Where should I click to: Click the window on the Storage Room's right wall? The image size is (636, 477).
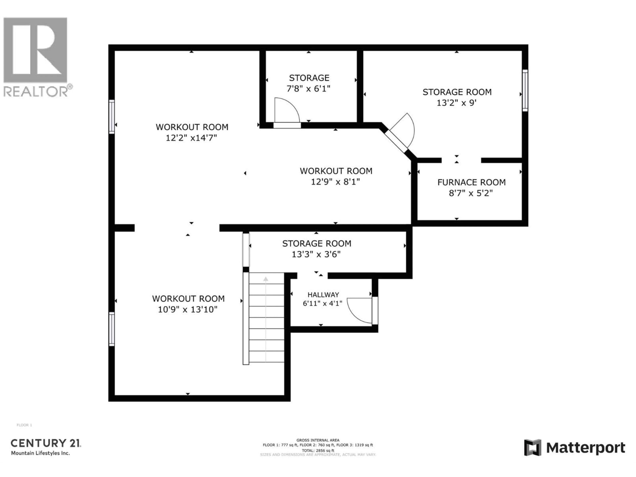[525, 90]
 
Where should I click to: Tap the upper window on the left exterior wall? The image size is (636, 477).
[112, 117]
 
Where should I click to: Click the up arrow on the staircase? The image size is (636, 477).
[266, 279]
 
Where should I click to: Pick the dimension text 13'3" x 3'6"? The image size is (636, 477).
[316, 254]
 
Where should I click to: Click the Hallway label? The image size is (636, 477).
[323, 295]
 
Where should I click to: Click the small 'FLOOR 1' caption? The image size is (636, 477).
[25, 425]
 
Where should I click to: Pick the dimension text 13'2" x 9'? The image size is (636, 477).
[457, 103]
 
